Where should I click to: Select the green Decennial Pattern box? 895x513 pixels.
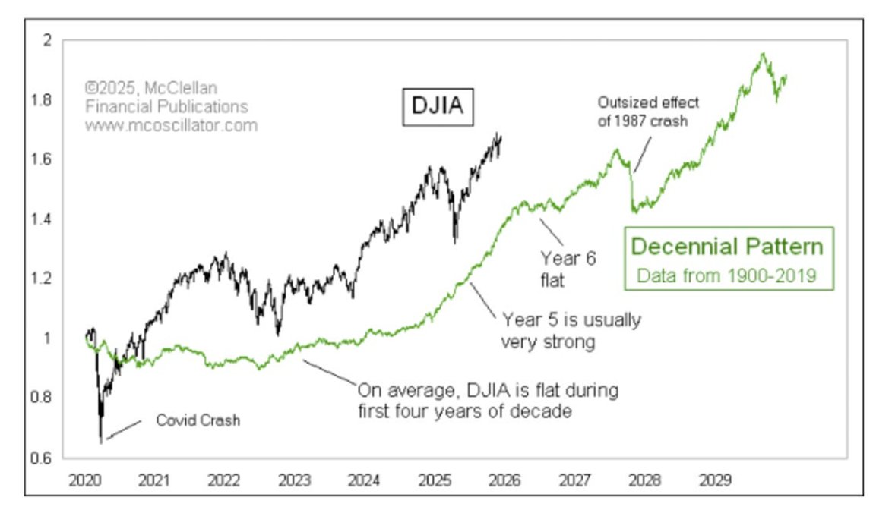click(728, 258)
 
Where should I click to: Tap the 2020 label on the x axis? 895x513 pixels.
click(84, 480)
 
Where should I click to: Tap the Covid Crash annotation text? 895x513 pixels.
click(198, 420)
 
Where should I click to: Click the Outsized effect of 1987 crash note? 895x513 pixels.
click(647, 112)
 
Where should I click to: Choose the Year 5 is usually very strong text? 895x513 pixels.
click(570, 330)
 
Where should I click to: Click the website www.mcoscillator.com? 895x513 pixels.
click(171, 125)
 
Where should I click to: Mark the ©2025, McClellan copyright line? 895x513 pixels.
click(150, 89)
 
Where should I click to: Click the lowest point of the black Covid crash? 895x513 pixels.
click(101, 441)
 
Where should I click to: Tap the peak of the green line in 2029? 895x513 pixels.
click(763, 53)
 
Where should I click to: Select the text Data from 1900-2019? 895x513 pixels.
click(727, 275)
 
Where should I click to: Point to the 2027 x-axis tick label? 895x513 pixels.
click(575, 480)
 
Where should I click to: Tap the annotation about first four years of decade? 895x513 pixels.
click(488, 401)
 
